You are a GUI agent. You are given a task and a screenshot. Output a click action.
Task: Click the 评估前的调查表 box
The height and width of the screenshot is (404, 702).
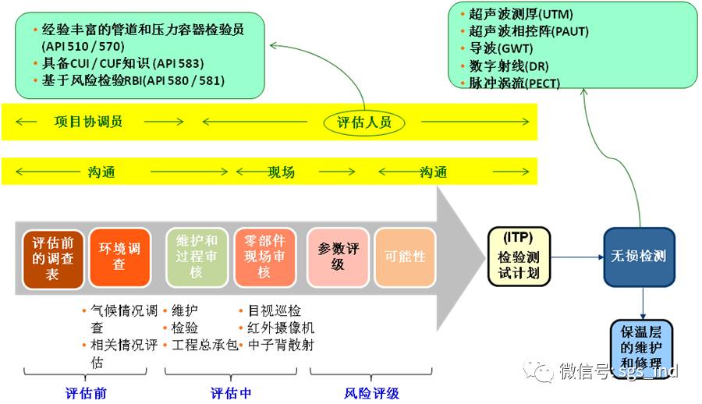[52, 257]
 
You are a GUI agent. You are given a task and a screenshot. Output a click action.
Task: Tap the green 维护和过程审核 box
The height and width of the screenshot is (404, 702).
[197, 257]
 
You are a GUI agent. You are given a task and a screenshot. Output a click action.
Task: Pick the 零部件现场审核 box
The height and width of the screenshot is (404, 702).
[264, 257]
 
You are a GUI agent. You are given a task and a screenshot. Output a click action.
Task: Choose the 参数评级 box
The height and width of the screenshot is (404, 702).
[338, 257]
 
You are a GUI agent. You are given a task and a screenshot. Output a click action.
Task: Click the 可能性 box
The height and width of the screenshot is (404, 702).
[404, 257]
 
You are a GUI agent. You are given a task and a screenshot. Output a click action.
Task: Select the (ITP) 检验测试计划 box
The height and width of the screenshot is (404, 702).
[519, 256]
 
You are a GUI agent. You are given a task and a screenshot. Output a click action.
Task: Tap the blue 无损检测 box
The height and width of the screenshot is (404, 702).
[639, 257]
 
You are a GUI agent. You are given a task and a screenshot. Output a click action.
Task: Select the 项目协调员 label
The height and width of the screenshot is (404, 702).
[88, 122]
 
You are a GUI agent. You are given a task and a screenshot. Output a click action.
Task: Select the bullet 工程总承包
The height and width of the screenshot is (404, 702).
[205, 345]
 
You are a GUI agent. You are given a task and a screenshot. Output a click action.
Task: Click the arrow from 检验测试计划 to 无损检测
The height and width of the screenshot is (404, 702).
[577, 256]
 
